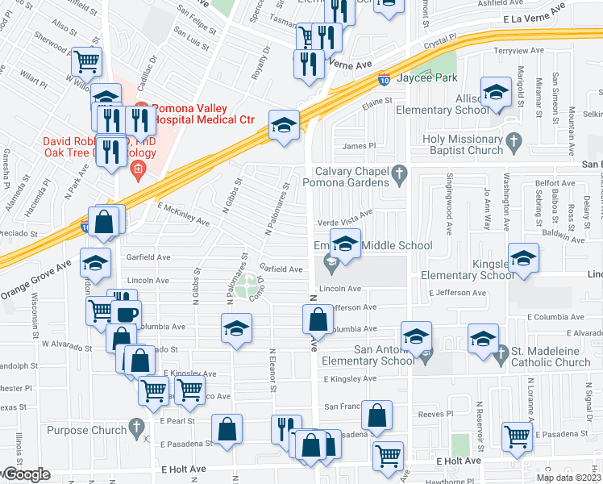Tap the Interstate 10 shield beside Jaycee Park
click(385, 79)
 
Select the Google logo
click(26, 474)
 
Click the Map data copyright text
click(568, 478)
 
